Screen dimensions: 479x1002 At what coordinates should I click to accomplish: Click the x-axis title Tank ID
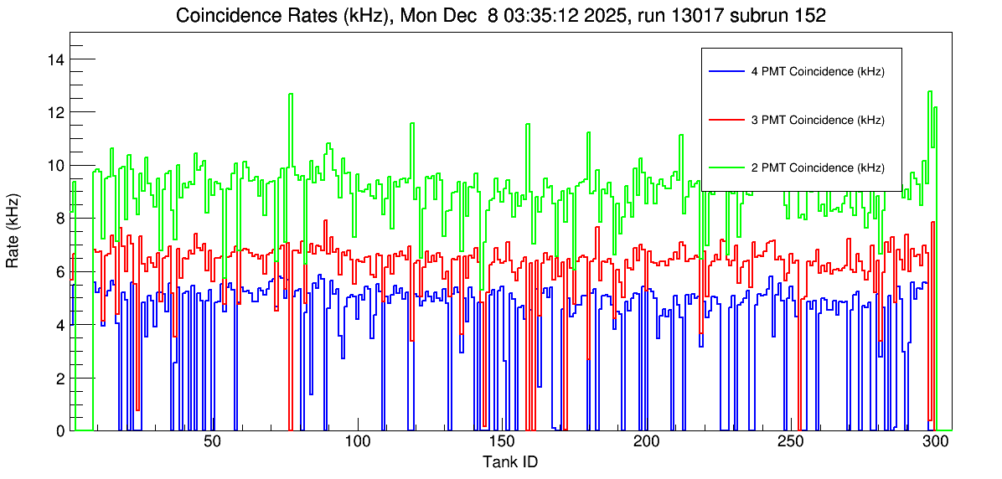[x=509, y=461]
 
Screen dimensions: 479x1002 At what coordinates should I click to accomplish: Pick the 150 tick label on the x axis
[x=501, y=441]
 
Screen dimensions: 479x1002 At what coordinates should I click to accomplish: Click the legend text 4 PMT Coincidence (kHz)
[x=818, y=72]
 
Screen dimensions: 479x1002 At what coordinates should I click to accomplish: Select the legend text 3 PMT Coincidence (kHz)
[x=818, y=120]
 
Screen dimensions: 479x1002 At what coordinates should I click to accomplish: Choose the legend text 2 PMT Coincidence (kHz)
[x=818, y=167]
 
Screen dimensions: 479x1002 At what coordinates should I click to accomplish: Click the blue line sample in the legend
[x=726, y=72]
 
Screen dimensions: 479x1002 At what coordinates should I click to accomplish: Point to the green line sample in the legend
[x=726, y=167]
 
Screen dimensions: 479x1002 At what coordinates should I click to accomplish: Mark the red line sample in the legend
[x=726, y=120]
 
